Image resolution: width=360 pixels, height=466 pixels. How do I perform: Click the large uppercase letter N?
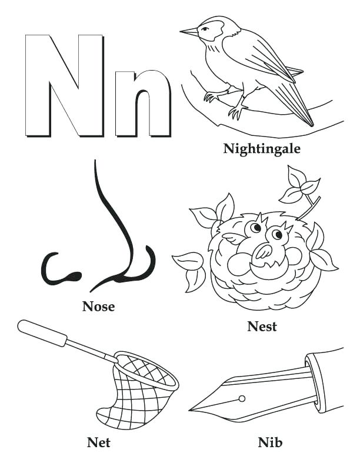point(64,85)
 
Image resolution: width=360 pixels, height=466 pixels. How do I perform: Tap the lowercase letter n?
point(143,104)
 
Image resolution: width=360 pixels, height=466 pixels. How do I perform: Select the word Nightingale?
point(262,149)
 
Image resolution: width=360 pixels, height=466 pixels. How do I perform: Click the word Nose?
point(98,306)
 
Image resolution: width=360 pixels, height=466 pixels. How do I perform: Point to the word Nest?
point(262,327)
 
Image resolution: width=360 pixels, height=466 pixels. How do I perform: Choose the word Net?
point(98,441)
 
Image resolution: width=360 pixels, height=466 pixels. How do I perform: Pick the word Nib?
point(270,441)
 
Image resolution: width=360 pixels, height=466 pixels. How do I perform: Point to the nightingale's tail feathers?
point(294,103)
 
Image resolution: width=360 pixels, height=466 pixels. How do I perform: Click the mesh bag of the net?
point(138,391)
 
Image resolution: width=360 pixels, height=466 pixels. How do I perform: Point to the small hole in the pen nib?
point(241,398)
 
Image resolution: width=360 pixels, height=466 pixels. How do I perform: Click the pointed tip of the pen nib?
point(192,409)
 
